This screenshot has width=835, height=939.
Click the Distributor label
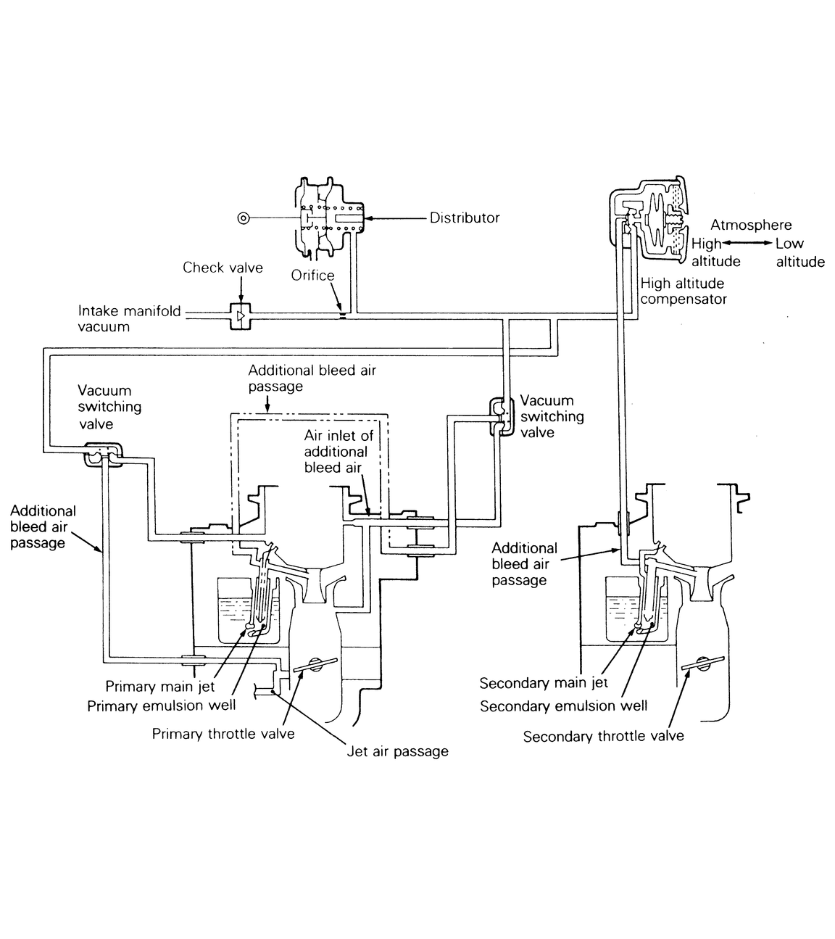pyautogui.click(x=465, y=218)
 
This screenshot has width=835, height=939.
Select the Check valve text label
pyautogui.click(x=223, y=268)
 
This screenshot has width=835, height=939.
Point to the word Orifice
pyautogui.click(x=312, y=276)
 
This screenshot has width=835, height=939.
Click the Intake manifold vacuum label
pyautogui.click(x=129, y=319)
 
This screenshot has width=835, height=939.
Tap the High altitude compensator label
pyautogui.click(x=683, y=291)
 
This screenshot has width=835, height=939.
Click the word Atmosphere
pyautogui.click(x=751, y=225)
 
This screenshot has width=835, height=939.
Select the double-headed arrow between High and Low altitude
pyautogui.click(x=748, y=244)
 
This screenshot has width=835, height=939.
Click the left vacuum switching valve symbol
pyautogui.click(x=101, y=454)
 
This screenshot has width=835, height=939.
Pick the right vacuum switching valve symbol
pyautogui.click(x=499, y=416)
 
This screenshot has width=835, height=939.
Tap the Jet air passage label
pyautogui.click(x=396, y=751)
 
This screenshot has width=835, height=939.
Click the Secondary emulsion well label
pyautogui.click(x=563, y=706)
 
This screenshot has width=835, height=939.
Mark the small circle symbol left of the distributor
pyautogui.click(x=243, y=218)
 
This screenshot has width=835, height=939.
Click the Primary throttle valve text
pyautogui.click(x=223, y=734)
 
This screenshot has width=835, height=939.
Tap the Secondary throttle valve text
pyautogui.click(x=603, y=736)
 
